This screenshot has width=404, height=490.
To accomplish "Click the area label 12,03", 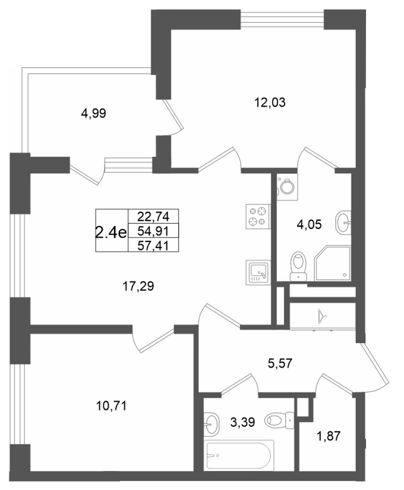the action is [x=271, y=102].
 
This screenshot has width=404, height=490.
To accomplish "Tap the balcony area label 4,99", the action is [x=94, y=113].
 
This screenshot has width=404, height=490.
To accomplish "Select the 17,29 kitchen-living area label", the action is [x=138, y=286].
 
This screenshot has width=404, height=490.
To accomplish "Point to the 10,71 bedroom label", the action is [x=111, y=406].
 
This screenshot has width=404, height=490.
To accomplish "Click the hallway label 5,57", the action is [x=280, y=363].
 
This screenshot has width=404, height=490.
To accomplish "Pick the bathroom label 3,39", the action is [x=242, y=423].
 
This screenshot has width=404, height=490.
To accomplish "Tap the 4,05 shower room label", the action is [x=309, y=224].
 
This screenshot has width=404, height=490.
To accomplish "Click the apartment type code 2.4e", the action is [x=111, y=232].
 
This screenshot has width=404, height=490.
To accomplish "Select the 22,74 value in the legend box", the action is [x=153, y=216].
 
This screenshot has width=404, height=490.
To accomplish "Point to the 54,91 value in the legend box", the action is [x=153, y=232].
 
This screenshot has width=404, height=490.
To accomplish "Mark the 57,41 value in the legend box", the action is [x=153, y=246].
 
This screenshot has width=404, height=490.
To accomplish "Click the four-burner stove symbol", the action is [x=258, y=216].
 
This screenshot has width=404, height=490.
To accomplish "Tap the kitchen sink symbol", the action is [x=258, y=272].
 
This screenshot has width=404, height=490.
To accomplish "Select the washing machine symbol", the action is [x=286, y=187].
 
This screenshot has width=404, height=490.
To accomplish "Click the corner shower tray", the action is [x=332, y=263].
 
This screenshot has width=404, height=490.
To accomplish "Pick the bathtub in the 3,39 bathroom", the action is [x=240, y=454].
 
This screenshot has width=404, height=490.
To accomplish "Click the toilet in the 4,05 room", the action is [x=299, y=266].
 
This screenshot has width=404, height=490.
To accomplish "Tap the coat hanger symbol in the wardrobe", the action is [x=321, y=316].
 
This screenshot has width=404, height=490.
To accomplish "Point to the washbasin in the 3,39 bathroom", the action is [x=212, y=423].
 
